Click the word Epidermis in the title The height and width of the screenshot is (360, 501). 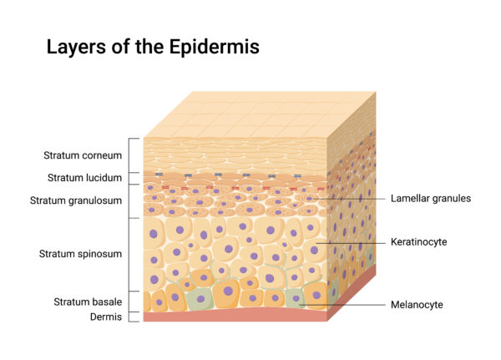click(x=214, y=48)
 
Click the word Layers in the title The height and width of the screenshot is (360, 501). click(x=76, y=48)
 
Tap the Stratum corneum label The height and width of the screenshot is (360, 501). click(x=83, y=155)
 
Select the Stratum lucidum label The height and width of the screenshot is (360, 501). click(x=84, y=177)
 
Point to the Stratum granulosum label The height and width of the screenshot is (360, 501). click(x=76, y=200)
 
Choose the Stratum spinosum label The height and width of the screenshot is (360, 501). click(x=80, y=254)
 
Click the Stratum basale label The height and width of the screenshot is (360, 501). click(x=88, y=302)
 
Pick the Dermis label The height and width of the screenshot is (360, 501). click(x=106, y=317)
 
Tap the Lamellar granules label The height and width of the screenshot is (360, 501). click(x=431, y=199)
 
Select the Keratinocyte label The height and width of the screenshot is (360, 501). click(x=418, y=241)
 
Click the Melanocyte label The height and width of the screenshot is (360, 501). click(x=417, y=305)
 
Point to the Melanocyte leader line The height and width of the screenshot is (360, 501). click(x=342, y=305)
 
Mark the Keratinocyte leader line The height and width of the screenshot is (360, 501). click(x=351, y=243)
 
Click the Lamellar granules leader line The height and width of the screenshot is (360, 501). click(x=350, y=199)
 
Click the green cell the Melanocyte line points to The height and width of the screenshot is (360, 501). click(x=295, y=299)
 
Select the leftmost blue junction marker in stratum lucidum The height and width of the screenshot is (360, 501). click(x=159, y=175)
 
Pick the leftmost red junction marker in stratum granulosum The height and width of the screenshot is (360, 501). click(x=165, y=187)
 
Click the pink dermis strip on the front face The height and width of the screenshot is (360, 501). click(x=235, y=315)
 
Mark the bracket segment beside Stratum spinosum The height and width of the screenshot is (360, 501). click(x=129, y=255)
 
